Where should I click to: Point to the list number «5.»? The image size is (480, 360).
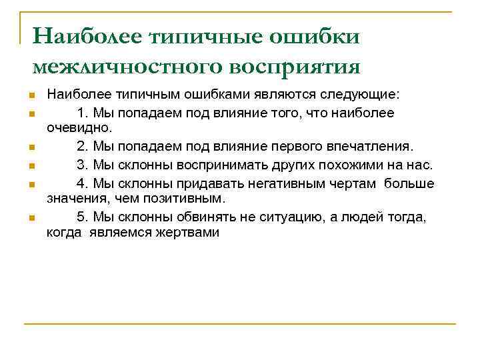(83, 217)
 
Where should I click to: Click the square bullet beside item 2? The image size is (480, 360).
(32, 147)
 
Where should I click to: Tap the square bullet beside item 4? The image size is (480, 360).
(32, 183)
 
